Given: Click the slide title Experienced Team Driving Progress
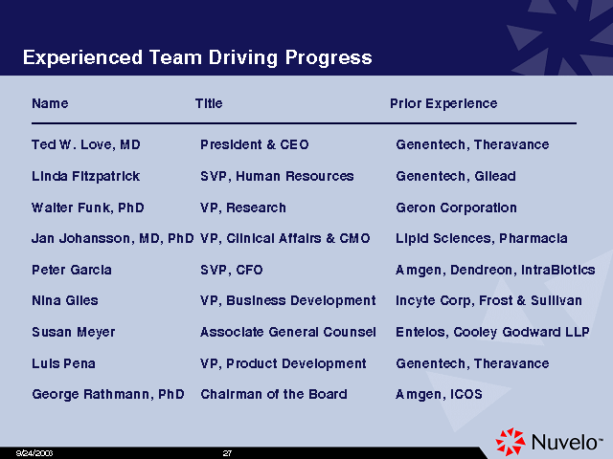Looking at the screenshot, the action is point(197,57).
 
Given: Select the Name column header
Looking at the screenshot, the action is point(50,103).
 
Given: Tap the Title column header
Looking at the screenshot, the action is point(209,103).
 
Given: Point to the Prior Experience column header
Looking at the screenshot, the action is point(443,103).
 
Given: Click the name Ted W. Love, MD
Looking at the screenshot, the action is point(86,144).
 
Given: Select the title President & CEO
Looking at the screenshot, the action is point(255,144).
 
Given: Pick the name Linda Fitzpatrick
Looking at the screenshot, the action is point(85,176).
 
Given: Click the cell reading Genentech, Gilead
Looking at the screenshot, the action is point(456,176).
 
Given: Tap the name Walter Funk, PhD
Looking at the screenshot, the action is point(88,208).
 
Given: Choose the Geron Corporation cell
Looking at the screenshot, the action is point(456,208).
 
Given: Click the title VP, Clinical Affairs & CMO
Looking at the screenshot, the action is point(285,238).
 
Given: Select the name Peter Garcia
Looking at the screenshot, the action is point(72,270).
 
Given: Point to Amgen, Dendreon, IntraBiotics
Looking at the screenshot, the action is point(495,270).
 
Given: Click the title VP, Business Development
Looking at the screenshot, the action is point(288,300).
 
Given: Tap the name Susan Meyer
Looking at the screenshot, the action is point(74,332).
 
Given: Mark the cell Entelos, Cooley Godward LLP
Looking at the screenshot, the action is point(492,332).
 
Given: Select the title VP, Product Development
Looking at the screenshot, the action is point(284,363).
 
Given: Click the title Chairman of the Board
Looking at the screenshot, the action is point(274,394).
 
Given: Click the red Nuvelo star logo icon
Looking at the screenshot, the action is point(511,442).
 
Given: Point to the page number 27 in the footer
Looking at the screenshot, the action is point(227,453).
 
